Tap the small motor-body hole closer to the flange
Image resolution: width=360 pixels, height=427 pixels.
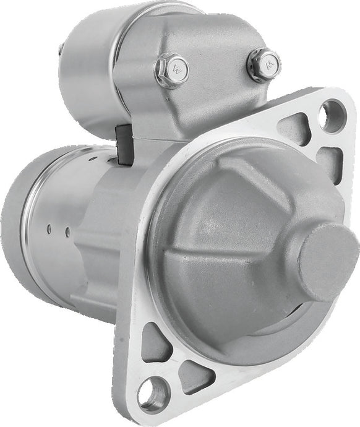point(67,232)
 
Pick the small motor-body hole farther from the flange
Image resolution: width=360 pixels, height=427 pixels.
point(49,228)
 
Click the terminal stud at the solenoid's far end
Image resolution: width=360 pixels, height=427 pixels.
point(60,50)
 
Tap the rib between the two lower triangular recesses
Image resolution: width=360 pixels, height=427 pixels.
point(177,359)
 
